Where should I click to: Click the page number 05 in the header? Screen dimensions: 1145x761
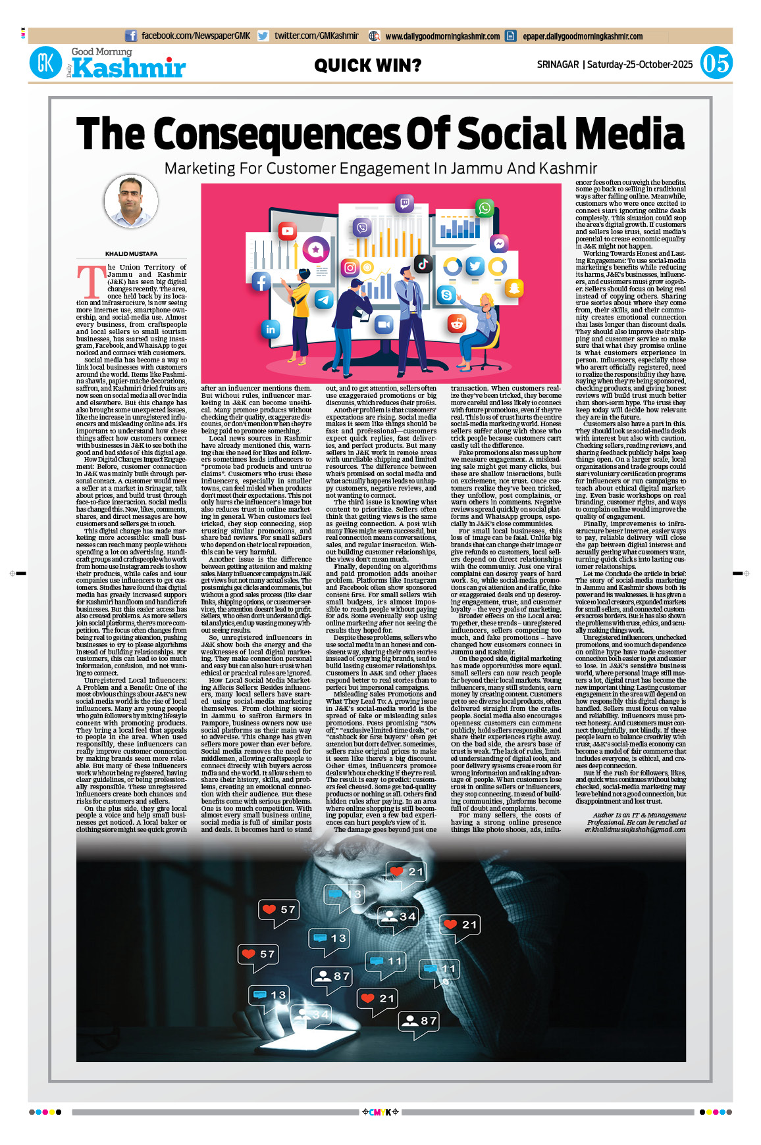(716, 63)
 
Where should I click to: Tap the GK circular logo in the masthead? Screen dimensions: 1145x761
(46, 63)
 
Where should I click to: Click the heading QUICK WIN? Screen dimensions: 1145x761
(367, 66)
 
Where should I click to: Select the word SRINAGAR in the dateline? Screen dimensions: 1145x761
(558, 64)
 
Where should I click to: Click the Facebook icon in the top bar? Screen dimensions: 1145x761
(131, 36)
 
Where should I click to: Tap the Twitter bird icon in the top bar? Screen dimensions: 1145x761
(263, 36)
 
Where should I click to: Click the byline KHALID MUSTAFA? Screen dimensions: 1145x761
(131, 254)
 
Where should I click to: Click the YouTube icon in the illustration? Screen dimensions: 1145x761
(288, 231)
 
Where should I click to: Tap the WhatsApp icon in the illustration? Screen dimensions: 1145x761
(485, 208)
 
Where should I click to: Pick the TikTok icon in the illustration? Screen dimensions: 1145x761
(423, 264)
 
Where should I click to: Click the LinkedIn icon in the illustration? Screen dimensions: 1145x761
(271, 329)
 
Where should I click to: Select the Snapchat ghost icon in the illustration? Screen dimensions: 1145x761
(514, 287)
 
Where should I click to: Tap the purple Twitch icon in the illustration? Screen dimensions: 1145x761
(404, 204)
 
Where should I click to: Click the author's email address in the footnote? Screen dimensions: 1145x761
(635, 829)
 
